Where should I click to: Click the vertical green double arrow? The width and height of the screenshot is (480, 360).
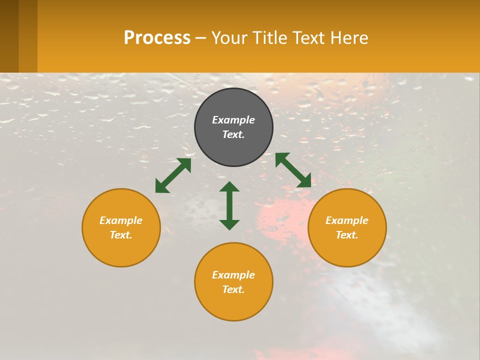(229, 205)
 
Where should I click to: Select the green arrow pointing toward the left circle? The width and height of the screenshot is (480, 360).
(173, 175)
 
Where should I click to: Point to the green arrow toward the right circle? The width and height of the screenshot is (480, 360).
(293, 170)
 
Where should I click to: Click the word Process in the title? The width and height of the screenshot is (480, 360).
(157, 38)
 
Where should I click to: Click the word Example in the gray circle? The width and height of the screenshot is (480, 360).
(233, 120)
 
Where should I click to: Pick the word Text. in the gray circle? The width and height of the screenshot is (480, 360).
(233, 134)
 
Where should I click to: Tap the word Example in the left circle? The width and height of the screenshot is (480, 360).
(121, 220)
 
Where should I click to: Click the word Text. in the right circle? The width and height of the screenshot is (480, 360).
(347, 235)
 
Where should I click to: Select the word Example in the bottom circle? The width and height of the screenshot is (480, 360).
(233, 275)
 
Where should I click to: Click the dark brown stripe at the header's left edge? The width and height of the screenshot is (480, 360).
(9, 36)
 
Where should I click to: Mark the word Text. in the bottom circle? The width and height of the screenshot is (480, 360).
(233, 289)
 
